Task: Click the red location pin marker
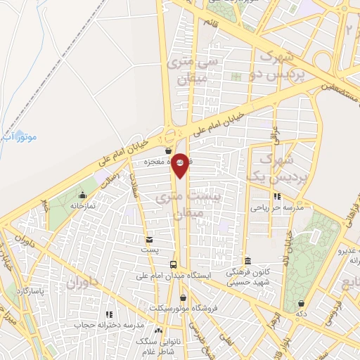(180, 166)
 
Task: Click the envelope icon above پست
(148, 240)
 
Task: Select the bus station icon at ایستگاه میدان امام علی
(173, 264)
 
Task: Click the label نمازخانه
(83, 205)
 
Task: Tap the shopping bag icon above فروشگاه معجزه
(168, 150)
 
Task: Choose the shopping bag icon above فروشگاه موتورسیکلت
(183, 297)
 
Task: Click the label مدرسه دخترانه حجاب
(115, 326)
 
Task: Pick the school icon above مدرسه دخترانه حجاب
(108, 314)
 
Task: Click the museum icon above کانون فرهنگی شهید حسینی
(246, 259)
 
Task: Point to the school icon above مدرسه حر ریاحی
(278, 196)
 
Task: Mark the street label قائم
(210, 22)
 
